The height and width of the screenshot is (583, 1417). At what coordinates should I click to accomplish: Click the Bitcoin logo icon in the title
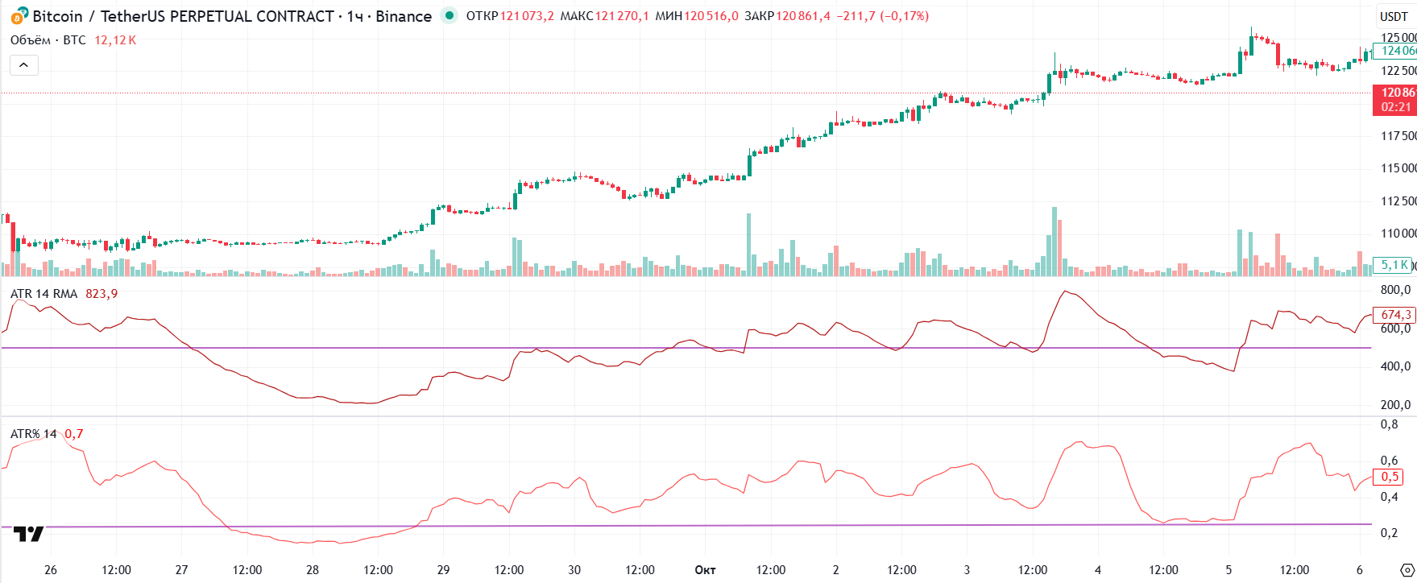[x=19, y=16]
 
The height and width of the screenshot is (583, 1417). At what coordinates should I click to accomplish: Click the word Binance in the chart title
[x=404, y=16]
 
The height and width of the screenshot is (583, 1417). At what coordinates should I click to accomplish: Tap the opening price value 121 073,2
[x=527, y=16]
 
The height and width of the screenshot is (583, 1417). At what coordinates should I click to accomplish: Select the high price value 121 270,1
[x=622, y=16]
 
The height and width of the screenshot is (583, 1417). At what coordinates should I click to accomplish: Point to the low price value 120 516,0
[x=711, y=16]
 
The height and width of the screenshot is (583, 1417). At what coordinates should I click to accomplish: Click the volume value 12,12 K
[x=115, y=40]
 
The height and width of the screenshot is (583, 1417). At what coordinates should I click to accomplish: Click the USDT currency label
[x=1394, y=16]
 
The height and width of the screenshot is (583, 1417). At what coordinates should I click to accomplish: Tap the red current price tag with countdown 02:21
[x=1395, y=100]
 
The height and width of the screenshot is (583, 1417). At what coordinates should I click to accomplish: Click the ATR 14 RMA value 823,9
[x=102, y=294]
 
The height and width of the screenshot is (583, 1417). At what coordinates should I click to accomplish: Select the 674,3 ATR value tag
[x=1395, y=315]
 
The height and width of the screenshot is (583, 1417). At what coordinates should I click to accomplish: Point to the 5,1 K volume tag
[x=1394, y=265]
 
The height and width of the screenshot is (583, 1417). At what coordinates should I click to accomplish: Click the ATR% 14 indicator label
[x=34, y=434]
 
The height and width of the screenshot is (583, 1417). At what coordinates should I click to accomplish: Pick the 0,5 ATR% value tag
[x=1390, y=477]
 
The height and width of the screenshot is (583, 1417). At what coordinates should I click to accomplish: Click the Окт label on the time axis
[x=705, y=570]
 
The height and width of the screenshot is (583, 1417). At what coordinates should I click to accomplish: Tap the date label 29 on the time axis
[x=443, y=570]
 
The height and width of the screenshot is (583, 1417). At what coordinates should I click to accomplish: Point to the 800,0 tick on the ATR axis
[x=1395, y=290]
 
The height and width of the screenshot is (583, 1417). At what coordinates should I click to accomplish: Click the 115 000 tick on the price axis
[x=1398, y=168]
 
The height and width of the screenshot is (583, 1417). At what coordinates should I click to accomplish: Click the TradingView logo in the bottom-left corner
[x=29, y=534]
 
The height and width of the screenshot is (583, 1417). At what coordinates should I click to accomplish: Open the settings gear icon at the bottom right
[x=1407, y=570]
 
